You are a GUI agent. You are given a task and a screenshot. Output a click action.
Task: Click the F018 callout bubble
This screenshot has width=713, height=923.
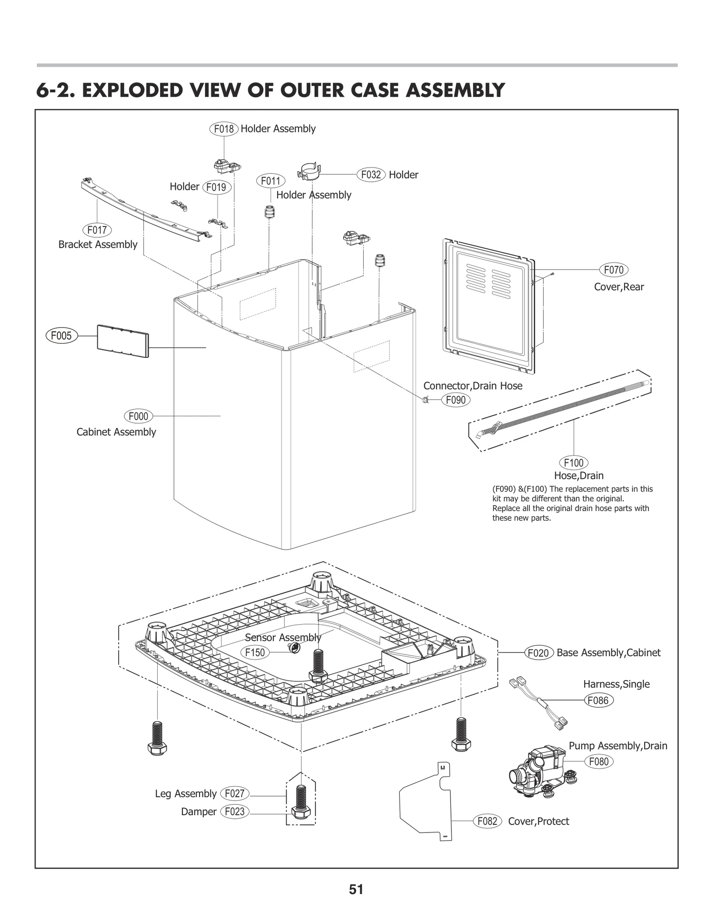[224, 129]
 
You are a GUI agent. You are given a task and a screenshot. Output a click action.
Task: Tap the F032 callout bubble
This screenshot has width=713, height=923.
[371, 175]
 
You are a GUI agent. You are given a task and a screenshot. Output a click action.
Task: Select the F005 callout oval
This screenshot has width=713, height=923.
[61, 335]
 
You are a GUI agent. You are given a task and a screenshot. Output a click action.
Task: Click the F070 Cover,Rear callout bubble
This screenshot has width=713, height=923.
[614, 270]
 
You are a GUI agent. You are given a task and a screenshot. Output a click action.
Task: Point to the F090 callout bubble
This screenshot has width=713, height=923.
[456, 400]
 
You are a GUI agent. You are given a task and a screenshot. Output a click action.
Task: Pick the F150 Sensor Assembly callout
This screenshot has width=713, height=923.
[255, 652]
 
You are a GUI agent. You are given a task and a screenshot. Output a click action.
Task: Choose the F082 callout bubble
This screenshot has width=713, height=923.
[487, 821]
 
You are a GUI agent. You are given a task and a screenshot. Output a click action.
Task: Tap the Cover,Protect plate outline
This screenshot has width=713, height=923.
[426, 802]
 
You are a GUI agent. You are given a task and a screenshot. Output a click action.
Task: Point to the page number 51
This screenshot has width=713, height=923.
[356, 890]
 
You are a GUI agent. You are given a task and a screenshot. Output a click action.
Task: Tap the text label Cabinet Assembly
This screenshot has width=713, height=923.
[116, 432]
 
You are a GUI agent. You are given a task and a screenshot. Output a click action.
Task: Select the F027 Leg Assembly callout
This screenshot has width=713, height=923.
[234, 793]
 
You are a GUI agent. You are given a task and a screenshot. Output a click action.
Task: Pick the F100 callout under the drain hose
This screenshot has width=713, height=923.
[574, 463]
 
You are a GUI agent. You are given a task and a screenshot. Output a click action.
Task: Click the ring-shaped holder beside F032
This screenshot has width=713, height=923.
[309, 172]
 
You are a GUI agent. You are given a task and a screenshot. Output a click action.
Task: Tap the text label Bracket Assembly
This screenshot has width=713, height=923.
[98, 244]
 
